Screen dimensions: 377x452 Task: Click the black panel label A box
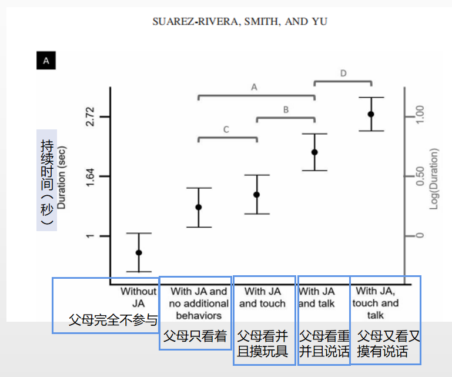tap(46, 60)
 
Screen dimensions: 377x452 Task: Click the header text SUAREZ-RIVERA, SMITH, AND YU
tap(240, 22)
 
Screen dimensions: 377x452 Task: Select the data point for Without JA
tap(139, 252)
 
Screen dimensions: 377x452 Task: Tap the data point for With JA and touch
tap(257, 195)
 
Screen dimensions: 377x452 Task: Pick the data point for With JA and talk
tap(314, 152)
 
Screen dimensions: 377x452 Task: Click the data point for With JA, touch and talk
tap(371, 114)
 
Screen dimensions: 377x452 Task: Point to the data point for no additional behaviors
tap(199, 207)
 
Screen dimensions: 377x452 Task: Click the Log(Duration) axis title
tap(435, 178)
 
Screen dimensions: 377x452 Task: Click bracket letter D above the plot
tap(343, 73)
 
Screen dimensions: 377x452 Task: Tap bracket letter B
tap(286, 109)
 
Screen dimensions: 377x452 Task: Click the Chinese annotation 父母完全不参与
tap(113, 321)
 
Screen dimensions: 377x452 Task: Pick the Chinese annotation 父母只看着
tap(195, 336)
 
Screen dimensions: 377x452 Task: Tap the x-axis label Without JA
tap(139, 297)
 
